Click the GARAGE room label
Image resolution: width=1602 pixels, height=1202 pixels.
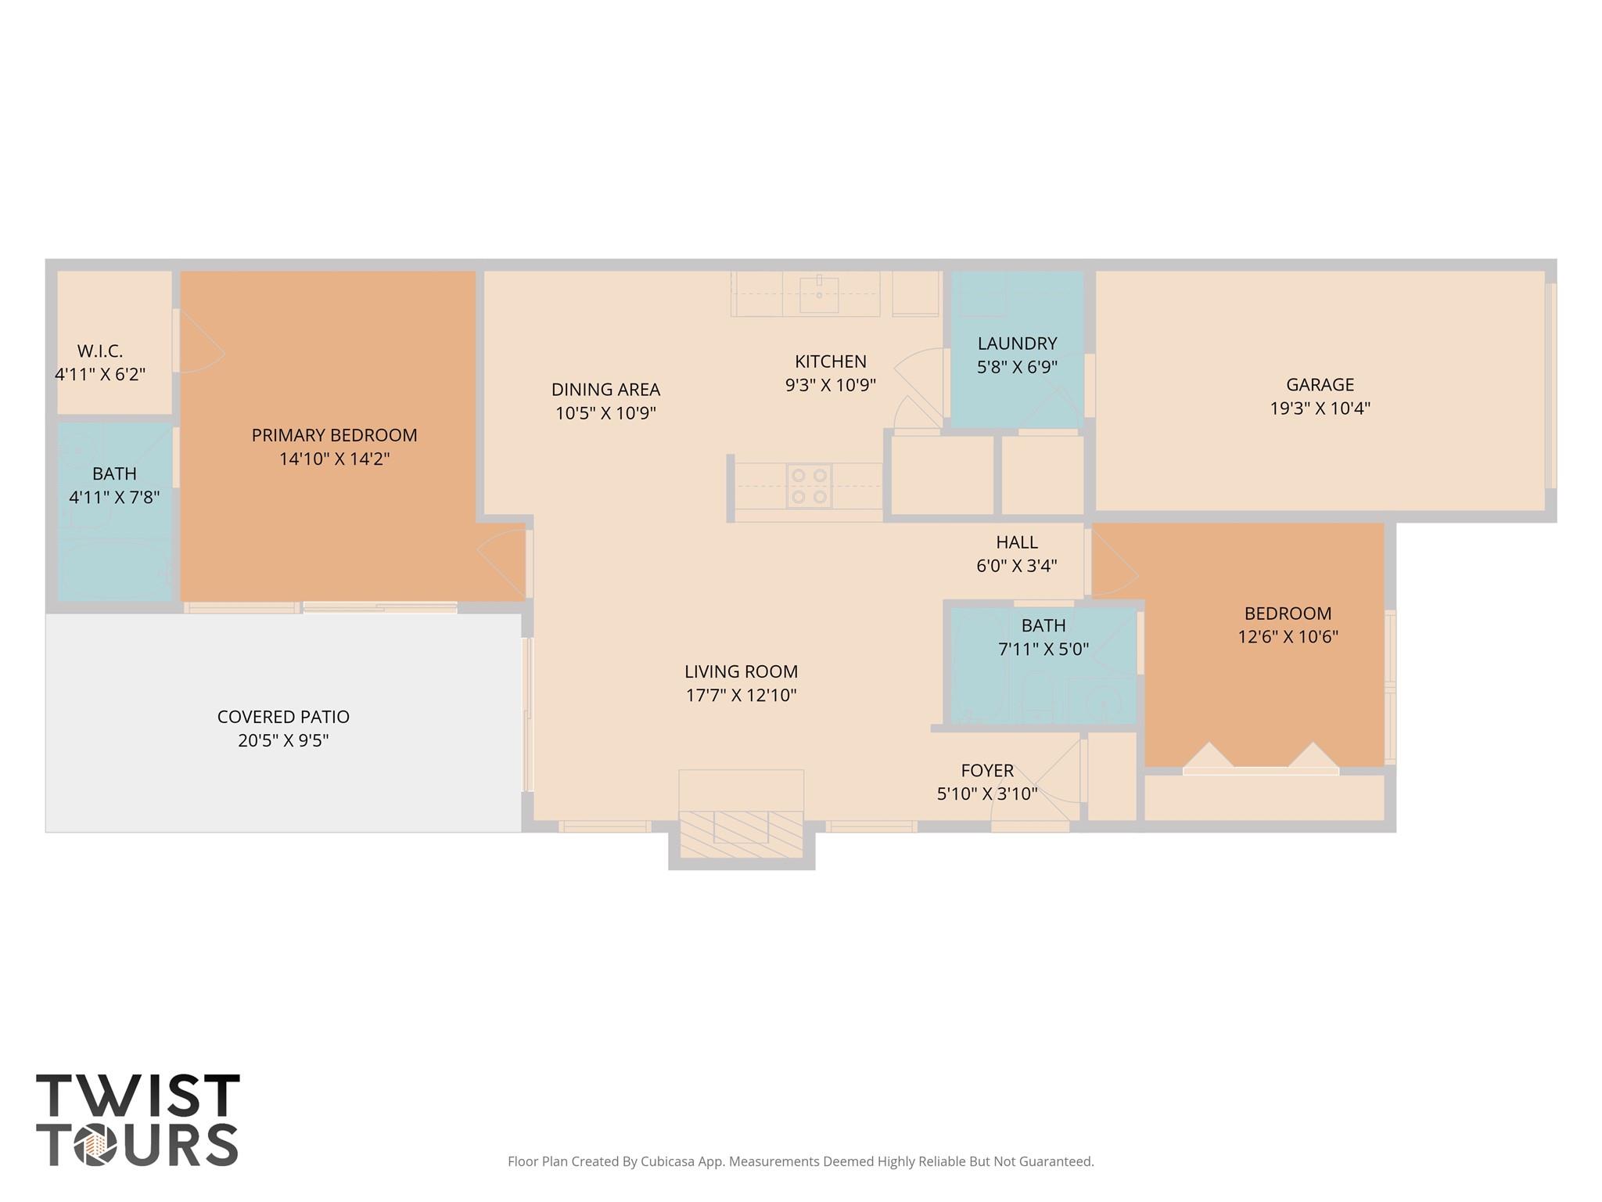pyautogui.click(x=1320, y=384)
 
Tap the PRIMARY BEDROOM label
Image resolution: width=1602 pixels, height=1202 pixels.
pyautogui.click(x=334, y=435)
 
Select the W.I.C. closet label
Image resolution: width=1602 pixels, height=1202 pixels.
pyautogui.click(x=100, y=351)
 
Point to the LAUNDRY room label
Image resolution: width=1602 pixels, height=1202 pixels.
pyautogui.click(x=1017, y=343)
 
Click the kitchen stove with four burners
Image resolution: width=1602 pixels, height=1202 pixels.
pyautogui.click(x=809, y=486)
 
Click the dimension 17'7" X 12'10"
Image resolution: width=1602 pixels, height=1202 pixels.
pyautogui.click(x=741, y=695)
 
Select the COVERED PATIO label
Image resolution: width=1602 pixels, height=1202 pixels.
pyautogui.click(x=283, y=717)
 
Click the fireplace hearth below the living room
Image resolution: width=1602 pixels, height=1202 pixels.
pyautogui.click(x=741, y=834)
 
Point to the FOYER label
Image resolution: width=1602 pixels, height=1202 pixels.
pyautogui.click(x=987, y=771)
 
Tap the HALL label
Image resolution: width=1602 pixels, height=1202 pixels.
pyautogui.click(x=1017, y=542)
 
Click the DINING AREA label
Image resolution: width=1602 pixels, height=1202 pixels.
pyautogui.click(x=605, y=390)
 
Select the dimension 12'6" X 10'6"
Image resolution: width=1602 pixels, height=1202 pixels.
pyautogui.click(x=1288, y=637)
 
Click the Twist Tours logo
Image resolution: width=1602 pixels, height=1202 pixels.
pyautogui.click(x=138, y=1120)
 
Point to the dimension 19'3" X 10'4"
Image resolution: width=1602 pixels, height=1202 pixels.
pyautogui.click(x=1320, y=408)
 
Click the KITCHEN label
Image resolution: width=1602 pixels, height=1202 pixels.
pyautogui.click(x=830, y=362)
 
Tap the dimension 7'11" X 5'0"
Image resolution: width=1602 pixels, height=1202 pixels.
pyautogui.click(x=1043, y=649)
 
